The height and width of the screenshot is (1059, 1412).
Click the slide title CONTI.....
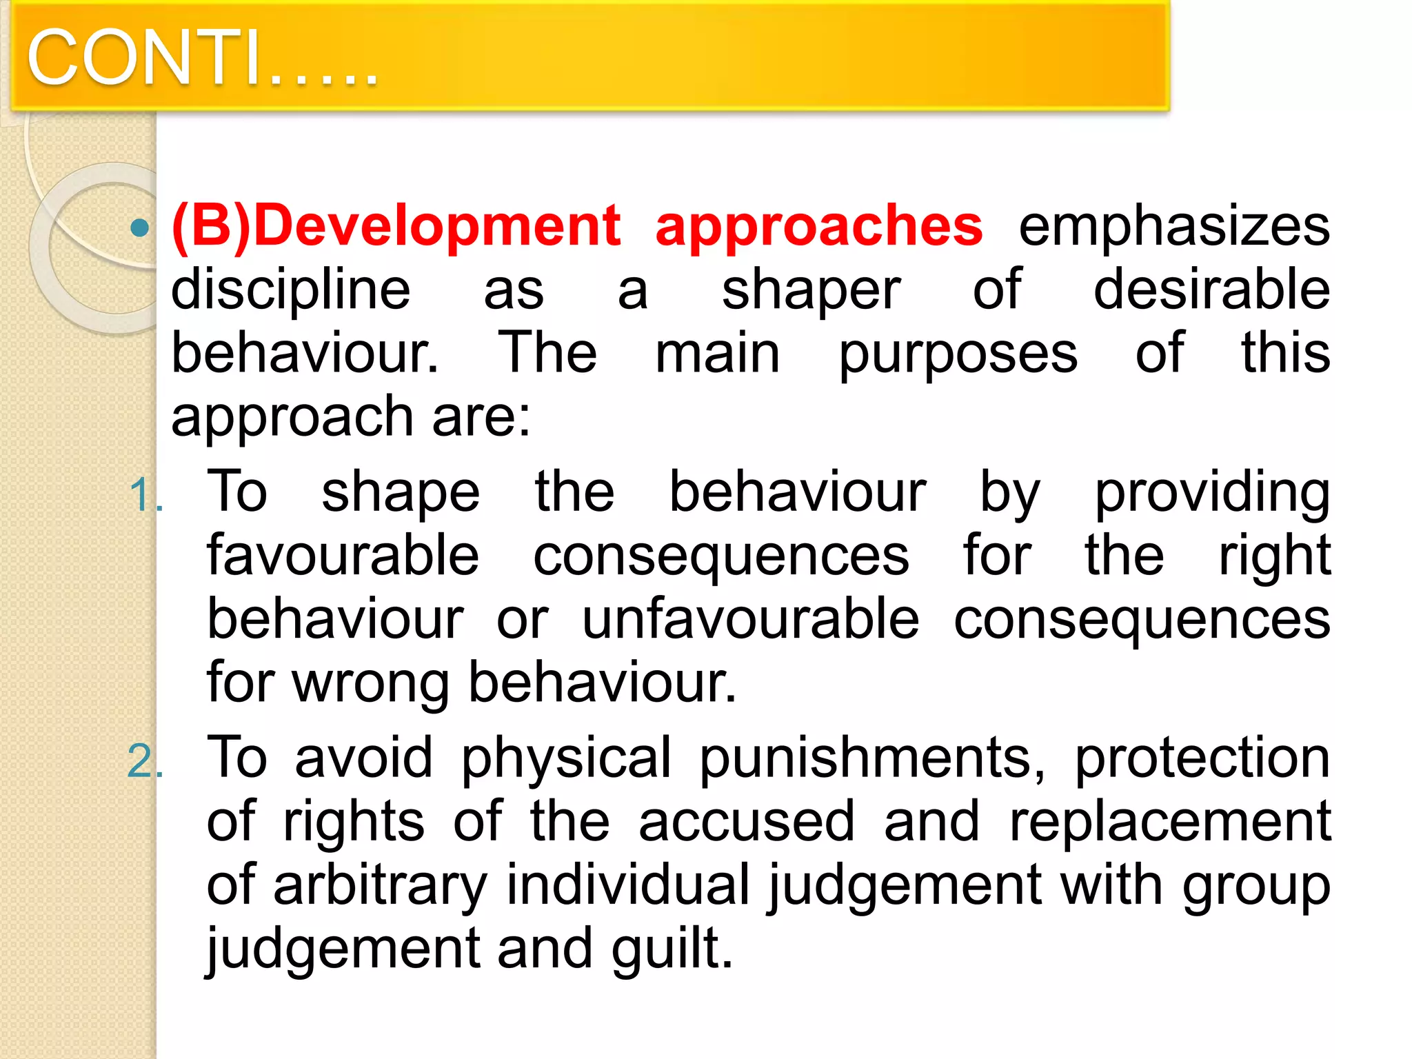tap(201, 58)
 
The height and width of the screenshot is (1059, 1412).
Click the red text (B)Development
tap(396, 226)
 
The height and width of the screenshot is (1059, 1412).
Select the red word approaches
tap(818, 226)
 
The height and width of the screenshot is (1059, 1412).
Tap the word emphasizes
tap(1174, 226)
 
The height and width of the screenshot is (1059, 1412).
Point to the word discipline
tap(290, 290)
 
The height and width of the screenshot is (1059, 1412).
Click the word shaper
tap(811, 290)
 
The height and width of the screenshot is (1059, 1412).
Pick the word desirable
tap(1211, 290)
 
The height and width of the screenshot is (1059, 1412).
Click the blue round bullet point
tap(140, 228)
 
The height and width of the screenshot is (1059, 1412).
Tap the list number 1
tap(143, 495)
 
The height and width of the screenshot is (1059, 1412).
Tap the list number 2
tap(143, 763)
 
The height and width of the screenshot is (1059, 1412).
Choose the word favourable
tap(343, 556)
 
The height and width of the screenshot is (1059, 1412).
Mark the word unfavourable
tap(750, 619)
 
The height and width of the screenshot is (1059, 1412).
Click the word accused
tap(747, 822)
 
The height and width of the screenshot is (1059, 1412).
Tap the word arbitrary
tap(380, 885)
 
